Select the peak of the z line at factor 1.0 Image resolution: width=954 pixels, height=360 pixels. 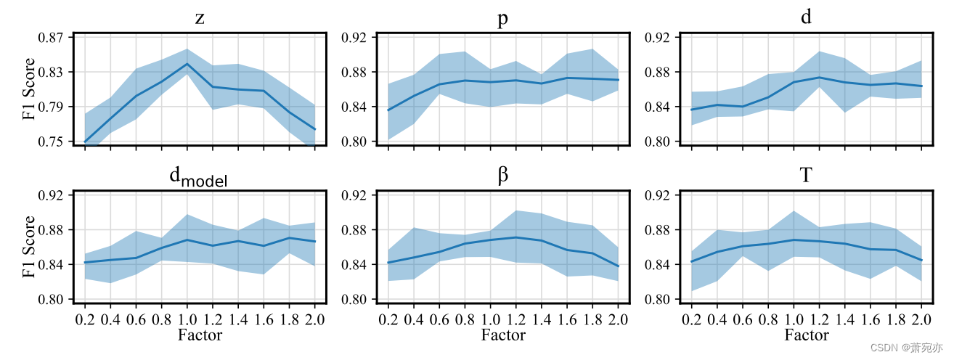187,64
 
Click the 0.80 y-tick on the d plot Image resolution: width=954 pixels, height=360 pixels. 658,142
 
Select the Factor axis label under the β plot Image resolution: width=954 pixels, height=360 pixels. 502,335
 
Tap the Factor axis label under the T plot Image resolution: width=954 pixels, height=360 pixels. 806,335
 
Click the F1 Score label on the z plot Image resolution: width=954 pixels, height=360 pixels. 29,89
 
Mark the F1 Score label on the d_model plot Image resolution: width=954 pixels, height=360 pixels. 29,247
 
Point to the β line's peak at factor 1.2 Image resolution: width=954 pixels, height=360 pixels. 515,237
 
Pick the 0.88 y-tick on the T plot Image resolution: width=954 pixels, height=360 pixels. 658,230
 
